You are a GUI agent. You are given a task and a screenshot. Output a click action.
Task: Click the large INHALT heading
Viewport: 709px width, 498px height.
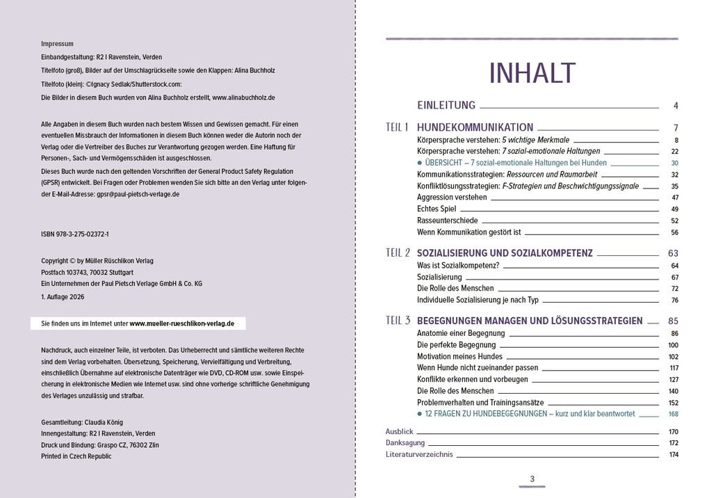click(x=532, y=73)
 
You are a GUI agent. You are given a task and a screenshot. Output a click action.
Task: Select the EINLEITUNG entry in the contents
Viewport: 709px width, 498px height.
click(x=446, y=106)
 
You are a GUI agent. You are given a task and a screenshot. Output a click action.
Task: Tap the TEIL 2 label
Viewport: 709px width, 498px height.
click(x=398, y=252)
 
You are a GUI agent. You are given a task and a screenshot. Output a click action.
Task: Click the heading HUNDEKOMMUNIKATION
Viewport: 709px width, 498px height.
click(x=475, y=127)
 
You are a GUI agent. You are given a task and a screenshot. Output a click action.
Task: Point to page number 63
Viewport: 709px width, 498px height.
click(x=672, y=253)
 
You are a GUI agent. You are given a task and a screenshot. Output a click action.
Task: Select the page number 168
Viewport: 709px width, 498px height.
click(x=673, y=414)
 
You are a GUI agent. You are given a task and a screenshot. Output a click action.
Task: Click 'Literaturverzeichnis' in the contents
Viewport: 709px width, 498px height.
click(x=419, y=454)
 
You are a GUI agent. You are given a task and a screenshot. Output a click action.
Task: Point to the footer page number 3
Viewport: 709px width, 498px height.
click(x=532, y=479)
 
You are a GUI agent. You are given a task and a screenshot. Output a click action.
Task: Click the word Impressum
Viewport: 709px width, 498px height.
click(x=57, y=44)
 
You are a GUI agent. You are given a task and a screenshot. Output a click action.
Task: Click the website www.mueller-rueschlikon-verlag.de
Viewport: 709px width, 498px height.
click(x=182, y=323)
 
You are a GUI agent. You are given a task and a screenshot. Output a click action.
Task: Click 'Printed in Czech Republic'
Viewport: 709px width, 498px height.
click(x=76, y=456)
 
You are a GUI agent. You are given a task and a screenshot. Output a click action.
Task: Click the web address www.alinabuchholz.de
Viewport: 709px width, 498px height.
click(x=243, y=98)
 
